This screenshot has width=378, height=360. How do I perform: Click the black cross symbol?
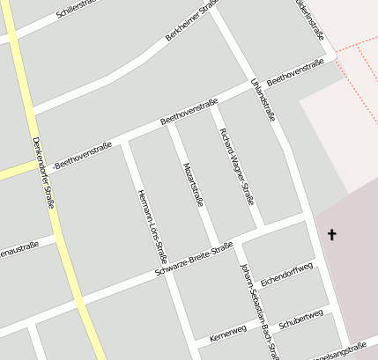point(332,234)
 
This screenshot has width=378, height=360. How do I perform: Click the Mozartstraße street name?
point(193,184)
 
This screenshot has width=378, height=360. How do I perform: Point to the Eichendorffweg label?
point(287,273)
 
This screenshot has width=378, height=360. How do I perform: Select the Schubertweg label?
point(301,319)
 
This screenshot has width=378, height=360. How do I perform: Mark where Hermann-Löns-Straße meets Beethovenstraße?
point(125,139)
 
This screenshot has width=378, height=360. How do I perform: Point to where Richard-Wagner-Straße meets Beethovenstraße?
point(211,105)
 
